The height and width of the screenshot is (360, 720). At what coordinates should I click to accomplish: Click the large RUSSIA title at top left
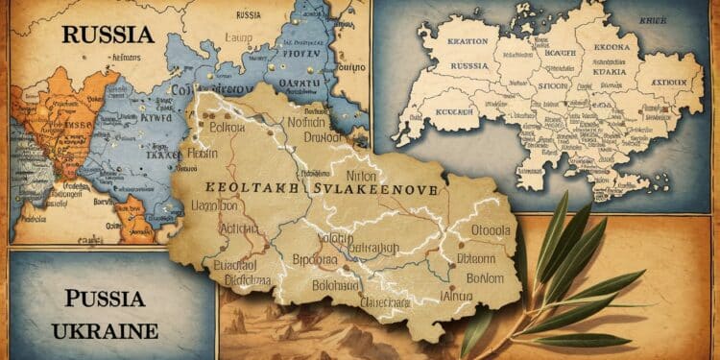pos(108,35)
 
